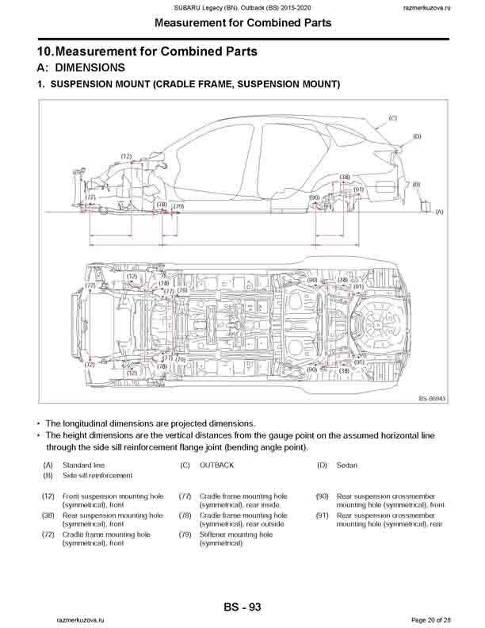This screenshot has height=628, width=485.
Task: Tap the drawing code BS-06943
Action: pyautogui.click(x=433, y=399)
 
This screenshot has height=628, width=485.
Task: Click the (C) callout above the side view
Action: pyautogui.click(x=391, y=118)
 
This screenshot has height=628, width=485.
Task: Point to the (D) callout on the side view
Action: pyautogui.click(x=416, y=137)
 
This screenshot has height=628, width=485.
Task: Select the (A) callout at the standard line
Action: pyautogui.click(x=439, y=213)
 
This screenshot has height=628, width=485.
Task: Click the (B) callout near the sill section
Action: pyautogui.click(x=416, y=184)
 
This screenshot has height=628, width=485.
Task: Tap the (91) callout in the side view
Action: pyautogui.click(x=358, y=190)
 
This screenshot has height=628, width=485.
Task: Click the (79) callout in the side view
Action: pyautogui.click(x=179, y=206)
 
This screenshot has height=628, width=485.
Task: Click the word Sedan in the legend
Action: pyautogui.click(x=346, y=465)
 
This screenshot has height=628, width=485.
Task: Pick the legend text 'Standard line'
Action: pyautogui.click(x=83, y=465)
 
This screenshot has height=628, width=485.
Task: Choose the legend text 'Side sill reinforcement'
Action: pyautogui.click(x=97, y=475)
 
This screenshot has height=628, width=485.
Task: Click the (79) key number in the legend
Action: pyautogui.click(x=185, y=534)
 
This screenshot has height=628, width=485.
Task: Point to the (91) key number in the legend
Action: pyautogui.click(x=322, y=515)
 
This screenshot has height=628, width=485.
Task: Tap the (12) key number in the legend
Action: pyautogui.click(x=48, y=496)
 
